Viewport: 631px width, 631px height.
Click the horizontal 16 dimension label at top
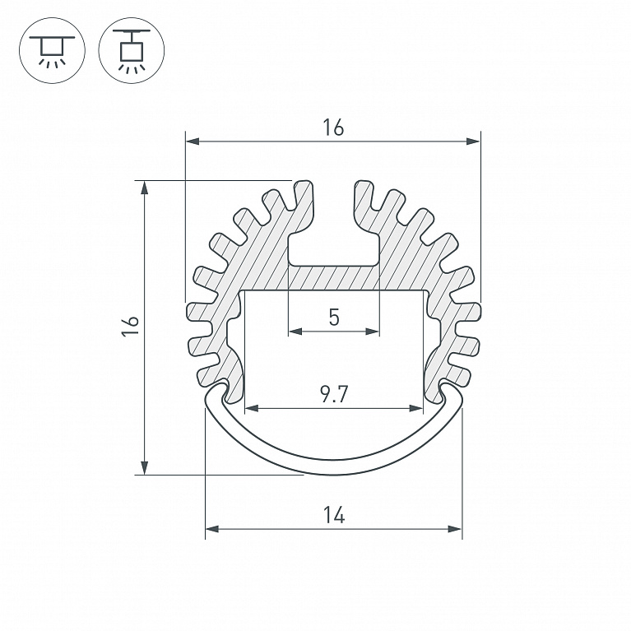[x=333, y=128]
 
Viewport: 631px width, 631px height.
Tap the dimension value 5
[x=334, y=317]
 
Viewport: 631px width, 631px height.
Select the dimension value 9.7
[x=334, y=394]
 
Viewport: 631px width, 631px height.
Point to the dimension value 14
[x=334, y=515]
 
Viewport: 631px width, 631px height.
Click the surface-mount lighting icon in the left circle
[x=52, y=51]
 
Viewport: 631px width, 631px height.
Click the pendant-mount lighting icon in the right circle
[x=131, y=51]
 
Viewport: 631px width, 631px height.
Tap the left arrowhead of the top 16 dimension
[x=193, y=142]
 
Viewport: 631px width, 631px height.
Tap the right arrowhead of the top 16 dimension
[x=474, y=142]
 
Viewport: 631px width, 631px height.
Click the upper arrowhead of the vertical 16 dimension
[x=144, y=188]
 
